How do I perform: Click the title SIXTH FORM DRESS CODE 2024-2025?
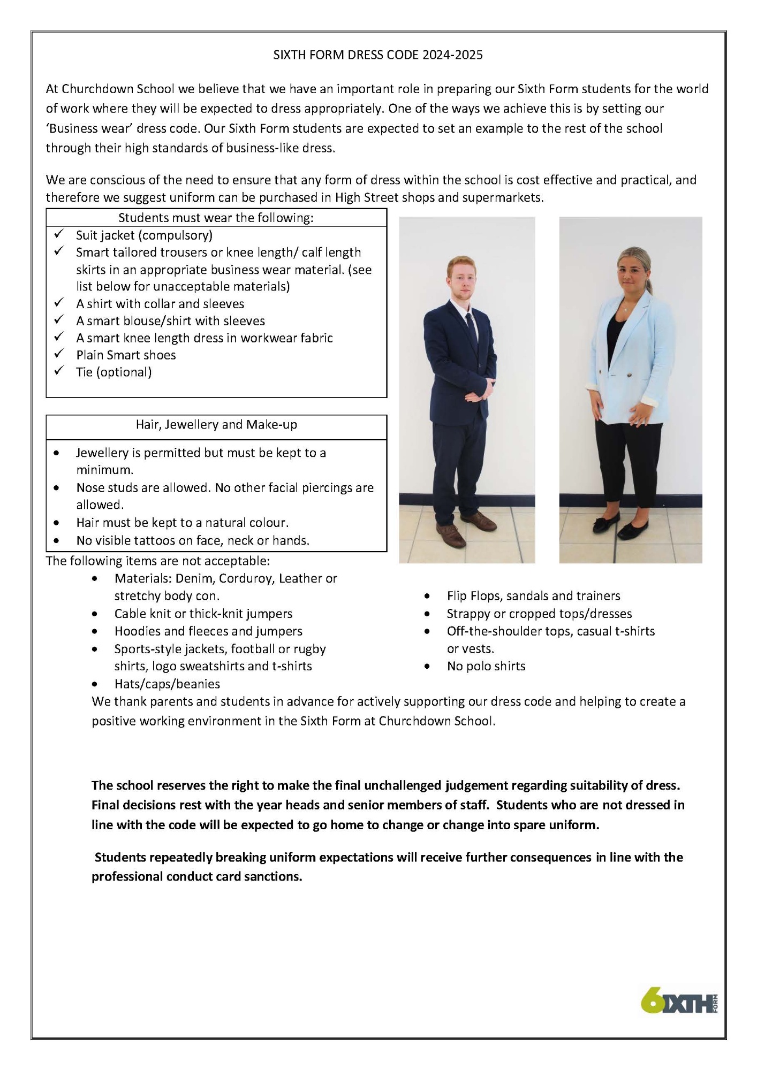coord(378,55)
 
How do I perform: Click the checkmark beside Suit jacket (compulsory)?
coord(58,234)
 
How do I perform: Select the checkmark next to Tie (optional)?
coord(58,371)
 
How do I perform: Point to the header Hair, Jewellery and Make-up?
coord(216,425)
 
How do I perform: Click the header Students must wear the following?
coord(216,218)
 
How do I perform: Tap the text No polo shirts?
coord(486,666)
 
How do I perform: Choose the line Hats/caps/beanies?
coord(167,684)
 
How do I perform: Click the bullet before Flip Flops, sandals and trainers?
coord(427,596)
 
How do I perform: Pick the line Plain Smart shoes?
coord(126,355)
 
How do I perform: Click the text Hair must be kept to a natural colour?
coord(182,522)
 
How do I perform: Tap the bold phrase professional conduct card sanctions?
coord(196,876)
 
